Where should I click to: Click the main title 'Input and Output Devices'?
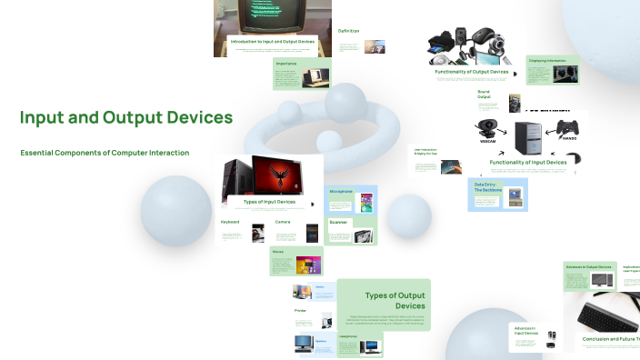point(126,118)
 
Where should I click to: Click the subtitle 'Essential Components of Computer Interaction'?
point(105,153)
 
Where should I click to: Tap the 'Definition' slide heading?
point(349,31)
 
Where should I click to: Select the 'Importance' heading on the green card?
point(287,64)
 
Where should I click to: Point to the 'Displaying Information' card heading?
point(547,60)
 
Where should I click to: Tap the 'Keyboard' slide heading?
point(230,222)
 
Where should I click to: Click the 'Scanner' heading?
point(338,222)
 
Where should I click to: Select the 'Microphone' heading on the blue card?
point(341,191)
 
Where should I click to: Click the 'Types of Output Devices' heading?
point(395,300)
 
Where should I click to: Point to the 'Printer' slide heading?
point(300,311)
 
